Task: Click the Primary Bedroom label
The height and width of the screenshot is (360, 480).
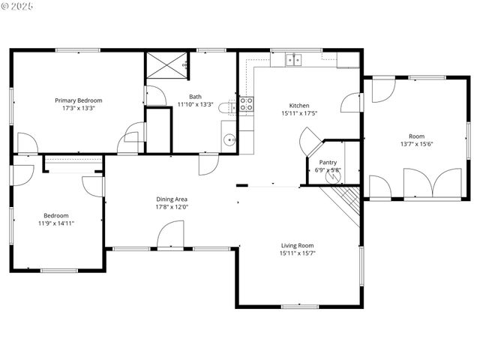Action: (79, 100)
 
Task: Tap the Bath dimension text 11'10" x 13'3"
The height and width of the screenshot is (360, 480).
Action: (195, 104)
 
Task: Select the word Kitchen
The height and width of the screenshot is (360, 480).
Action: (299, 106)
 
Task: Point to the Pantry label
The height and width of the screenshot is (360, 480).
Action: (328, 162)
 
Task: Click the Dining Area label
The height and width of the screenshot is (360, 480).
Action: (172, 199)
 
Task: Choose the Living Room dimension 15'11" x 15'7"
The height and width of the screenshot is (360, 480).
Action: (298, 253)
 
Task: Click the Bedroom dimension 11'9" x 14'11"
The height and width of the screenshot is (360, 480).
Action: (56, 223)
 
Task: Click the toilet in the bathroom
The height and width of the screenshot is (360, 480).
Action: (226, 109)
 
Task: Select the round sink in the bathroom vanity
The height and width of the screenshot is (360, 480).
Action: (228, 139)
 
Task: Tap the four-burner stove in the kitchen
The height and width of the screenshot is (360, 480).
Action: (246, 104)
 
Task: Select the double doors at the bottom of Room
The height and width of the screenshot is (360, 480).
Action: (432, 184)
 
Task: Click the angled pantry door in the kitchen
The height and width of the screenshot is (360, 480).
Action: (310, 141)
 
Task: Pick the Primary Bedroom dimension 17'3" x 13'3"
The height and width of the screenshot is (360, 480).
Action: (79, 108)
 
